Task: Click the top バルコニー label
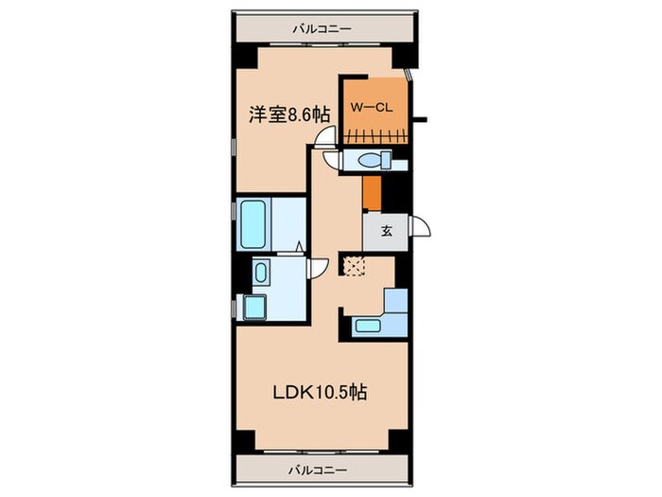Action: (x=321, y=28)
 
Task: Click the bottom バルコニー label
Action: (x=321, y=470)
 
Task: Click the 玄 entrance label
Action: (x=388, y=231)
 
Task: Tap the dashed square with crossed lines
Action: (x=354, y=268)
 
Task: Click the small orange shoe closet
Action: (x=373, y=194)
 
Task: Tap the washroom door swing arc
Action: (x=320, y=268)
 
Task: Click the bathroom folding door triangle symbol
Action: (x=300, y=248)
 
